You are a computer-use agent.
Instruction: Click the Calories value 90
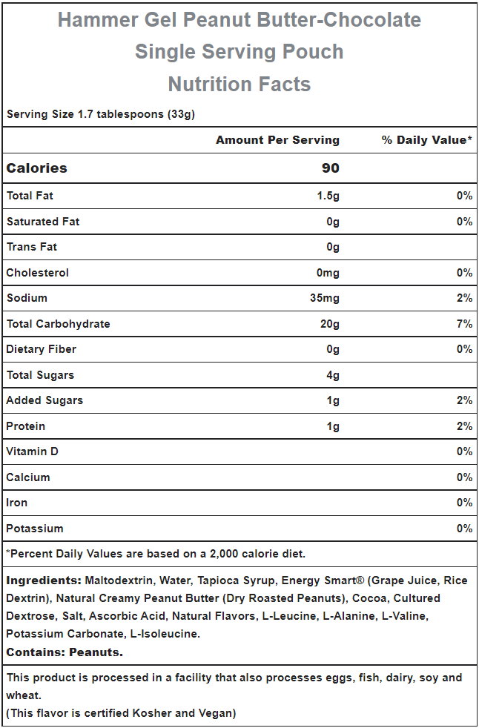tap(330, 168)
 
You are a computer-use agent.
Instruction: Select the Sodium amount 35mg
tap(325, 299)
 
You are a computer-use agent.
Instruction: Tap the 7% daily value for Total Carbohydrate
tap(464, 324)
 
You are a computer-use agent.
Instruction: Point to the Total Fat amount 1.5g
tap(328, 196)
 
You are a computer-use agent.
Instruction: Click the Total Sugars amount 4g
tap(333, 375)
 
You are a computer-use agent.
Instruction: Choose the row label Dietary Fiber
tap(42, 349)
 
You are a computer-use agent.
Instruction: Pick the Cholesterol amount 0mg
tap(328, 273)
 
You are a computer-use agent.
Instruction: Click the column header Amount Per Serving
tap(277, 140)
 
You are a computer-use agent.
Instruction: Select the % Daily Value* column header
tap(427, 140)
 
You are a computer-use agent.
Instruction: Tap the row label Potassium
tap(35, 529)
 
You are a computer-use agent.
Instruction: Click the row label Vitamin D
tap(33, 451)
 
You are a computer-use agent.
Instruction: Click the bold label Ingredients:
tap(44, 580)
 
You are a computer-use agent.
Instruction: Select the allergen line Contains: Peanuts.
tap(65, 652)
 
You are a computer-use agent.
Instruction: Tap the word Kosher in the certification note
tap(149, 713)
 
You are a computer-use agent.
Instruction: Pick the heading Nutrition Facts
tap(239, 84)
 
